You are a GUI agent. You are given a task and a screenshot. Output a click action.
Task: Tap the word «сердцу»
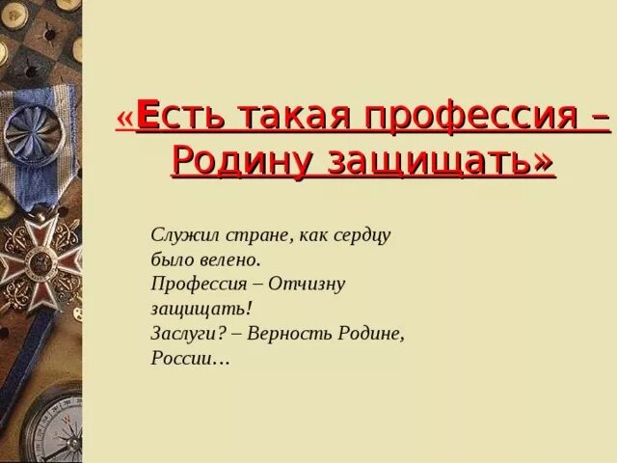tap(360, 234)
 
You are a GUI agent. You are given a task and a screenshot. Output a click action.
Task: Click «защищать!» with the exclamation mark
tap(201, 310)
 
